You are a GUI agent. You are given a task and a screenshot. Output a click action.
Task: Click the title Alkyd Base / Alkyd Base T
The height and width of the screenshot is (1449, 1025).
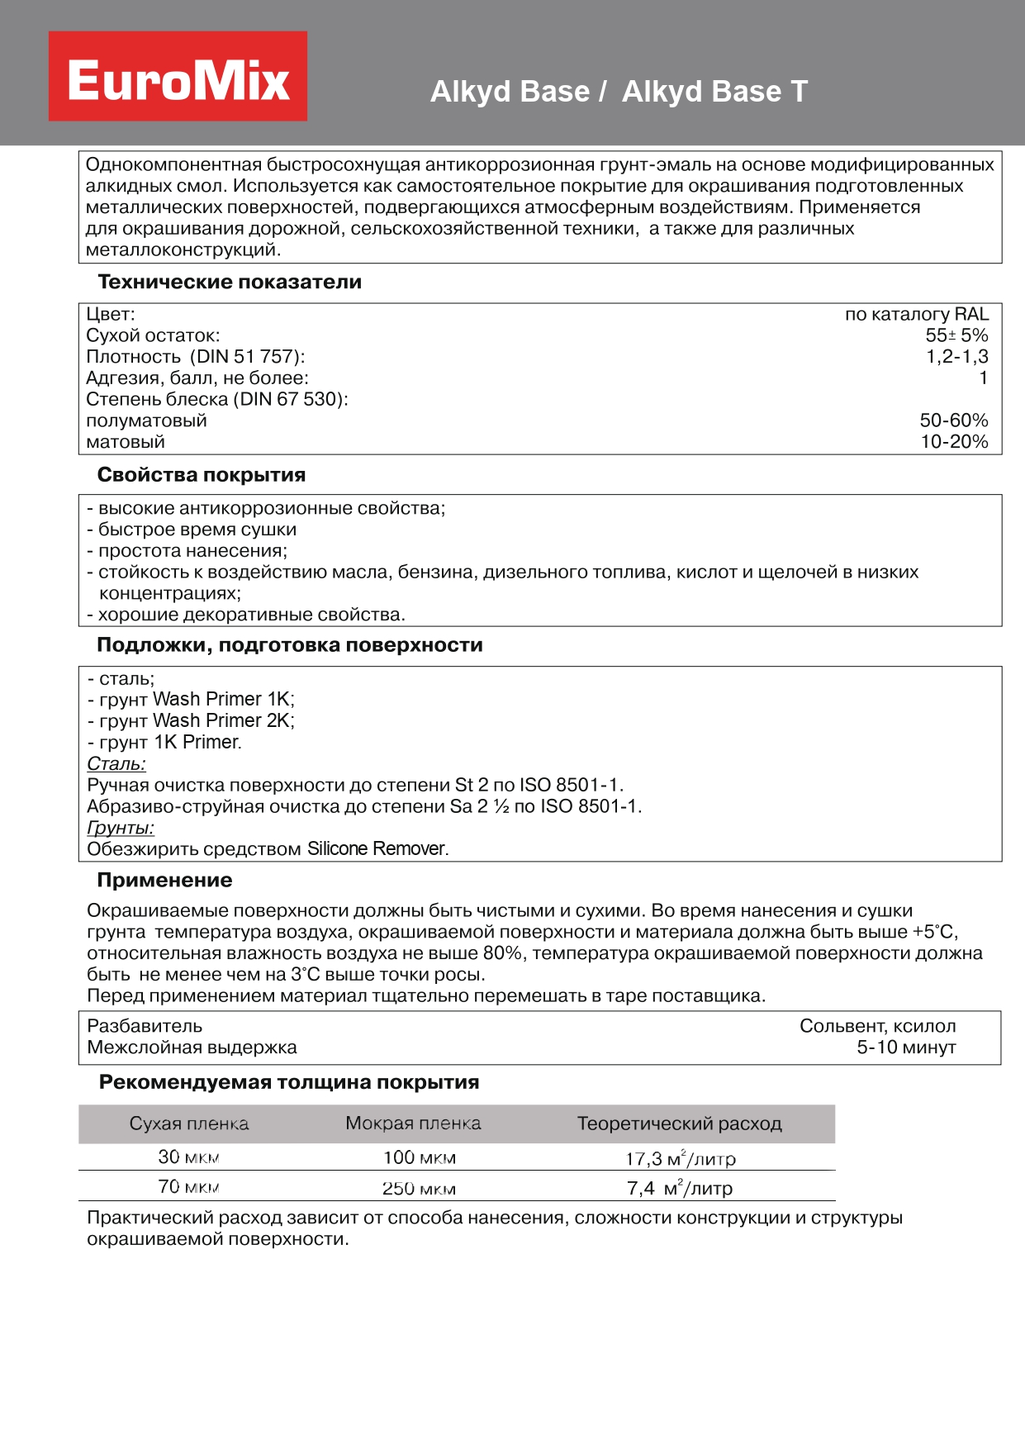pyautogui.click(x=619, y=91)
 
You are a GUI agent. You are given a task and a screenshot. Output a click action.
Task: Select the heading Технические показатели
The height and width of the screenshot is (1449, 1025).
pyautogui.click(x=230, y=282)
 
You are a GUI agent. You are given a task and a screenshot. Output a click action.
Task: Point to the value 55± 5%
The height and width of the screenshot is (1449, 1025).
pyautogui.click(x=956, y=335)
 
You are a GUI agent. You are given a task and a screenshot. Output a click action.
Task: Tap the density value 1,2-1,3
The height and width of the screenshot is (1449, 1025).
pyautogui.click(x=956, y=357)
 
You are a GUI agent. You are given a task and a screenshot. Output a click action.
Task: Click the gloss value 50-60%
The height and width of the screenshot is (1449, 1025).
pyautogui.click(x=953, y=420)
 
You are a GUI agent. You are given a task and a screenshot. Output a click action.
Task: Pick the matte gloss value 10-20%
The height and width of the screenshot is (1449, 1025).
pyautogui.click(x=954, y=442)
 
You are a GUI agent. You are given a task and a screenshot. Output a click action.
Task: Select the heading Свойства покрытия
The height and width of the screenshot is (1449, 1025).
pyautogui.click(x=202, y=475)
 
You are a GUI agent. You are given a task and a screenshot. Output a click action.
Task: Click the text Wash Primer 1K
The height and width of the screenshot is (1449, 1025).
pyautogui.click(x=223, y=700)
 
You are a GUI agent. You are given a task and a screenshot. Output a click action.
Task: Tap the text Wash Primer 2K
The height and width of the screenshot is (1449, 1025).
pyautogui.click(x=223, y=721)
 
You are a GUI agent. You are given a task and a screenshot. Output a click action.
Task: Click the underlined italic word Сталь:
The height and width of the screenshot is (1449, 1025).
pyautogui.click(x=116, y=764)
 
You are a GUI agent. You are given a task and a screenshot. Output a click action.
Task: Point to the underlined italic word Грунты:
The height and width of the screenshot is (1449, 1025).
pyautogui.click(x=121, y=828)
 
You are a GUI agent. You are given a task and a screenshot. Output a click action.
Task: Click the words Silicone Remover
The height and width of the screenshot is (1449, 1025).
pyautogui.click(x=377, y=849)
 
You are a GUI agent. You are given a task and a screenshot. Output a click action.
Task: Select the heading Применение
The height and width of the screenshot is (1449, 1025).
pyautogui.click(x=164, y=881)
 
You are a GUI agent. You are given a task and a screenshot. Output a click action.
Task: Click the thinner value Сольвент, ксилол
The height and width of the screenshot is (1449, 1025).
pyautogui.click(x=877, y=1026)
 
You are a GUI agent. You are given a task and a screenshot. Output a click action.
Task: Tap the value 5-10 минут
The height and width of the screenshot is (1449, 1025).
pyautogui.click(x=906, y=1048)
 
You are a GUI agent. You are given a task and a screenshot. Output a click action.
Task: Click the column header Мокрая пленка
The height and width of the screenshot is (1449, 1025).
pyautogui.click(x=413, y=1124)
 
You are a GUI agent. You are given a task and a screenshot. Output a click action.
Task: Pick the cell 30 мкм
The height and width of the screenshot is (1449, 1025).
pyautogui.click(x=188, y=1157)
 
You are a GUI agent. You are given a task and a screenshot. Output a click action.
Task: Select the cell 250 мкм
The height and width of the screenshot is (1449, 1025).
pyautogui.click(x=419, y=1189)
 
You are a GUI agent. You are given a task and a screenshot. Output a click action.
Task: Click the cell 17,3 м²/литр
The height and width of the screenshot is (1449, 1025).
pyautogui.click(x=680, y=1159)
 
